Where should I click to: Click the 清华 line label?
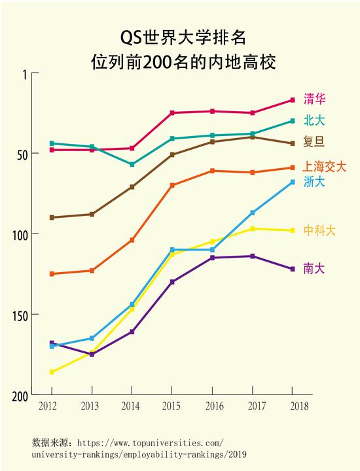(x=315, y=99)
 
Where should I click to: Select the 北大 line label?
(x=314, y=120)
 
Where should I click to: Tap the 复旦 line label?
(x=314, y=141)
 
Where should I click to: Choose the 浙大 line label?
(x=314, y=182)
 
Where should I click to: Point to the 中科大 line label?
(x=319, y=230)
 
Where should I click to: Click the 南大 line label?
(x=314, y=268)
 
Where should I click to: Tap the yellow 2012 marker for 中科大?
(x=52, y=372)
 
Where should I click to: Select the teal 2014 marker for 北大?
(x=132, y=164)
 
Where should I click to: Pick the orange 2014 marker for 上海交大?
(x=132, y=240)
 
